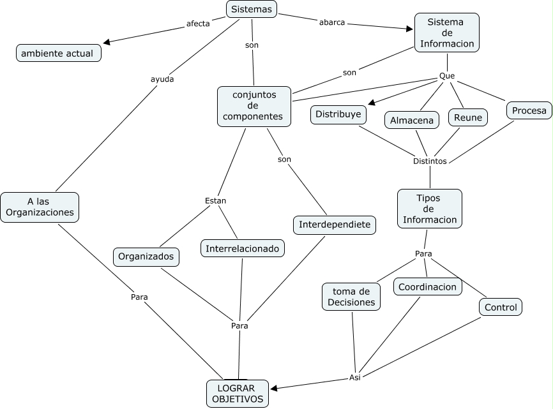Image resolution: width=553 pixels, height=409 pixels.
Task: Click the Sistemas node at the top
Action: coord(252,9)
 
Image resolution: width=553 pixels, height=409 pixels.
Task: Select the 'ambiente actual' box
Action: coord(58,53)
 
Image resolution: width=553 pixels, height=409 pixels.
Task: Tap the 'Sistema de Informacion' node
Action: coord(446,33)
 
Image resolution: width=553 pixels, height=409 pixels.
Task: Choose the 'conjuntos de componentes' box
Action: coord(254,106)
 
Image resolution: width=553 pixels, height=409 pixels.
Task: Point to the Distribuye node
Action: coord(338,114)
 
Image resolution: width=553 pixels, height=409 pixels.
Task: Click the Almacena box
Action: coord(412,120)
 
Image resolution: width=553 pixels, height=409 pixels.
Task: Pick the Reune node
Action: coord(468,117)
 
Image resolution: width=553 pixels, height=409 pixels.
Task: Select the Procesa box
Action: coord(529,110)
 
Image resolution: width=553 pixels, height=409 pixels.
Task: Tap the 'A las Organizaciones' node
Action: coord(40,207)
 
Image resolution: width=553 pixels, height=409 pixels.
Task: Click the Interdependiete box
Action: coord(335,225)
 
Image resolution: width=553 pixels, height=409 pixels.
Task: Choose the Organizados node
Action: coord(146,257)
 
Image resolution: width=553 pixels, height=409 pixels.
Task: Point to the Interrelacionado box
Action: coord(243,248)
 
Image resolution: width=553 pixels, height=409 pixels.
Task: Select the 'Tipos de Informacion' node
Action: coord(429,209)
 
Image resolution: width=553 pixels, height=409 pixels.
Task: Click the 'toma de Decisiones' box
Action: coord(352,296)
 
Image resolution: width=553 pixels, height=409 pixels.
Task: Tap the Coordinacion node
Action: coord(427,287)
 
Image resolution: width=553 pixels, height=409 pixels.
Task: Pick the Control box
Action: coord(501,308)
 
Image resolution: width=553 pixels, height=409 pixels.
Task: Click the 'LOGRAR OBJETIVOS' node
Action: coord(236,394)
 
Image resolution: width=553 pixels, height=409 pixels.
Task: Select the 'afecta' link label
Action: coord(198,24)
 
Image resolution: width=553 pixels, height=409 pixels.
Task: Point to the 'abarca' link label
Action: coord(331,22)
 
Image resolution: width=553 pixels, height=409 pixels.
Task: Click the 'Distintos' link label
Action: coord(430,161)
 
